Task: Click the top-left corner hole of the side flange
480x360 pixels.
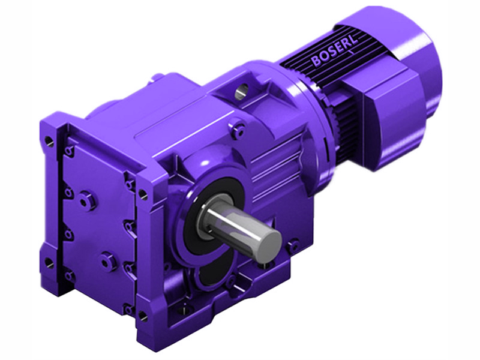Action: tap(49, 142)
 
